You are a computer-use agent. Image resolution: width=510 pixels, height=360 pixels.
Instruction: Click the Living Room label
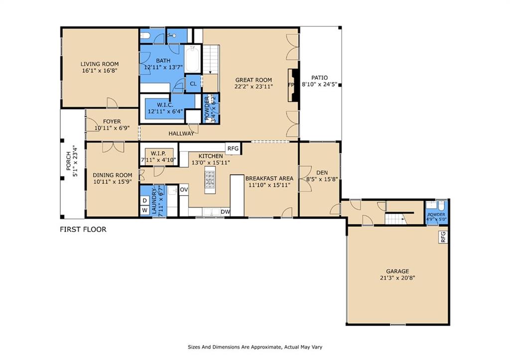click(100, 64)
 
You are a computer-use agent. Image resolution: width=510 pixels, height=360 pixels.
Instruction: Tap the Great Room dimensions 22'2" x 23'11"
click(254, 87)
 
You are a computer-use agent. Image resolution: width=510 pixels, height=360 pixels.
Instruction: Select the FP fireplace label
click(291, 85)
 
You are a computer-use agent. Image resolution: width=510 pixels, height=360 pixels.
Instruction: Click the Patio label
click(319, 78)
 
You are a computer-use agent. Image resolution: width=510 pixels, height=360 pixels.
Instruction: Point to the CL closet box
click(193, 84)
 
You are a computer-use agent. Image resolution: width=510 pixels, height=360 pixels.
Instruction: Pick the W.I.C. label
click(165, 105)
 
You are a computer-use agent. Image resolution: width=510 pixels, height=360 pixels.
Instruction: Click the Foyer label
click(112, 121)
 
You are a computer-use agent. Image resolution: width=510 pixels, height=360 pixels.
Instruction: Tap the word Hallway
click(181, 133)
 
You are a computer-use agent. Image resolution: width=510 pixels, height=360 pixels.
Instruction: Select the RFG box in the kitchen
click(233, 148)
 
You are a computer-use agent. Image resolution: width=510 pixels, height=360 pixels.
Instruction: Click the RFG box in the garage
click(443, 237)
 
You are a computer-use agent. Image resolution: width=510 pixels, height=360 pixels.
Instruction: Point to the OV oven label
click(184, 190)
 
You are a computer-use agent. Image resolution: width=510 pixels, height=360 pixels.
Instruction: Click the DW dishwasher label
click(225, 212)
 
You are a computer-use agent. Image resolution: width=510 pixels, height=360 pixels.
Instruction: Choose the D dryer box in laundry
click(145, 201)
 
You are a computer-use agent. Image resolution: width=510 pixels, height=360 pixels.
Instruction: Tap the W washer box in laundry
click(145, 211)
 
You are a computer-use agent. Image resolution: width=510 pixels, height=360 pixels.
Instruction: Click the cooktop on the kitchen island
click(210, 180)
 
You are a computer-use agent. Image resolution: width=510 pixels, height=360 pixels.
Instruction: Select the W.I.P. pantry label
click(158, 153)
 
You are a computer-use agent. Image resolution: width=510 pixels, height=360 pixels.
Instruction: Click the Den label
click(322, 173)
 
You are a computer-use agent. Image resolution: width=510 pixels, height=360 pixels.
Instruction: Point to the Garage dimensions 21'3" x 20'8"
click(397, 278)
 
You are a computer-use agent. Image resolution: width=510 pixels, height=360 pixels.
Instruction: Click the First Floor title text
click(83, 229)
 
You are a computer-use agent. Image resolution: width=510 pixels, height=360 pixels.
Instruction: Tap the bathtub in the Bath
click(192, 59)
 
